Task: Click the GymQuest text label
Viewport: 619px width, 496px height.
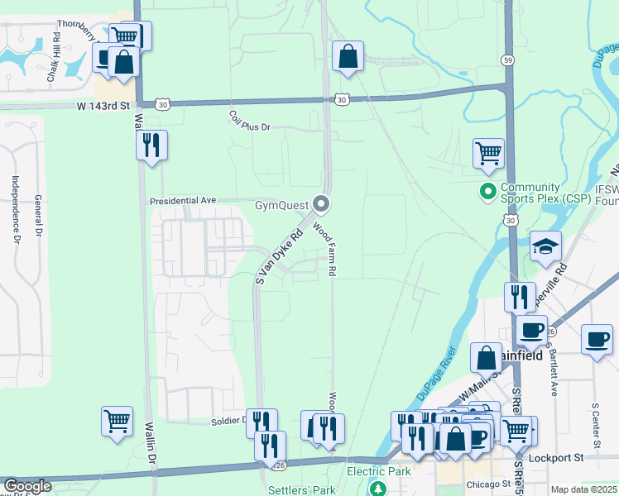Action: (x=281, y=204)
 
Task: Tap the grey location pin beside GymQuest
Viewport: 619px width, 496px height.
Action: (x=322, y=203)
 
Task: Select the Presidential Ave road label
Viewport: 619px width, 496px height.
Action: (x=182, y=201)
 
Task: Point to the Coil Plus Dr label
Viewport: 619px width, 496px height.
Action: (x=250, y=127)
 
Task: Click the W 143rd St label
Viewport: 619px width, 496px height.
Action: (x=104, y=106)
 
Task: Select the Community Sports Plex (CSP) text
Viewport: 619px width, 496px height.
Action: (x=542, y=193)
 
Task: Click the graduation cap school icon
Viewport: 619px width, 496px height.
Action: (x=546, y=246)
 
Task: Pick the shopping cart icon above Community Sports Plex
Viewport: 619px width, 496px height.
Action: (x=488, y=153)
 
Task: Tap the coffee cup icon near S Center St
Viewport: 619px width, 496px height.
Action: (x=597, y=338)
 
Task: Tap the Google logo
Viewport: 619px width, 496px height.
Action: (x=27, y=486)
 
